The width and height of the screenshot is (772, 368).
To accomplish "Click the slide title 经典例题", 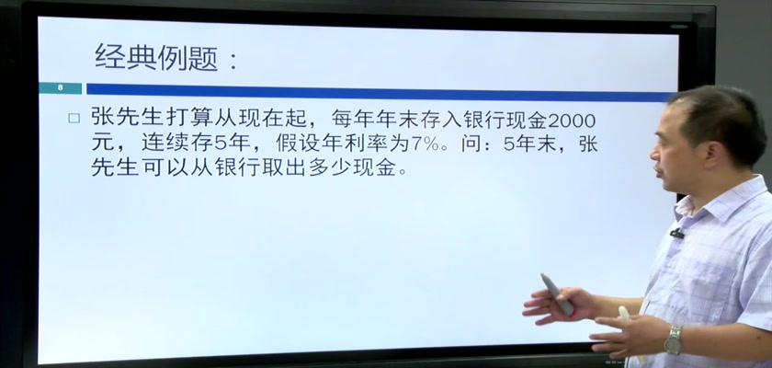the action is (x=156, y=58).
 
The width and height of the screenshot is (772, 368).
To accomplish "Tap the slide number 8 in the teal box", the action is (x=61, y=88).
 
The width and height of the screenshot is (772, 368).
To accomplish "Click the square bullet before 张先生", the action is (x=74, y=119).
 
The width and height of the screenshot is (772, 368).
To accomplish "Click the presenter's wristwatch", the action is (x=673, y=339).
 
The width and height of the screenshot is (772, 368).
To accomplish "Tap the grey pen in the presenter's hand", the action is (x=557, y=294).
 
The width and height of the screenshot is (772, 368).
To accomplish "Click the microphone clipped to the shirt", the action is (x=677, y=233).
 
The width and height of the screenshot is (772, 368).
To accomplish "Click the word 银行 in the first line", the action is (x=498, y=120).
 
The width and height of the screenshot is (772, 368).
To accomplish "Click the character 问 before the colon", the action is (x=471, y=144).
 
